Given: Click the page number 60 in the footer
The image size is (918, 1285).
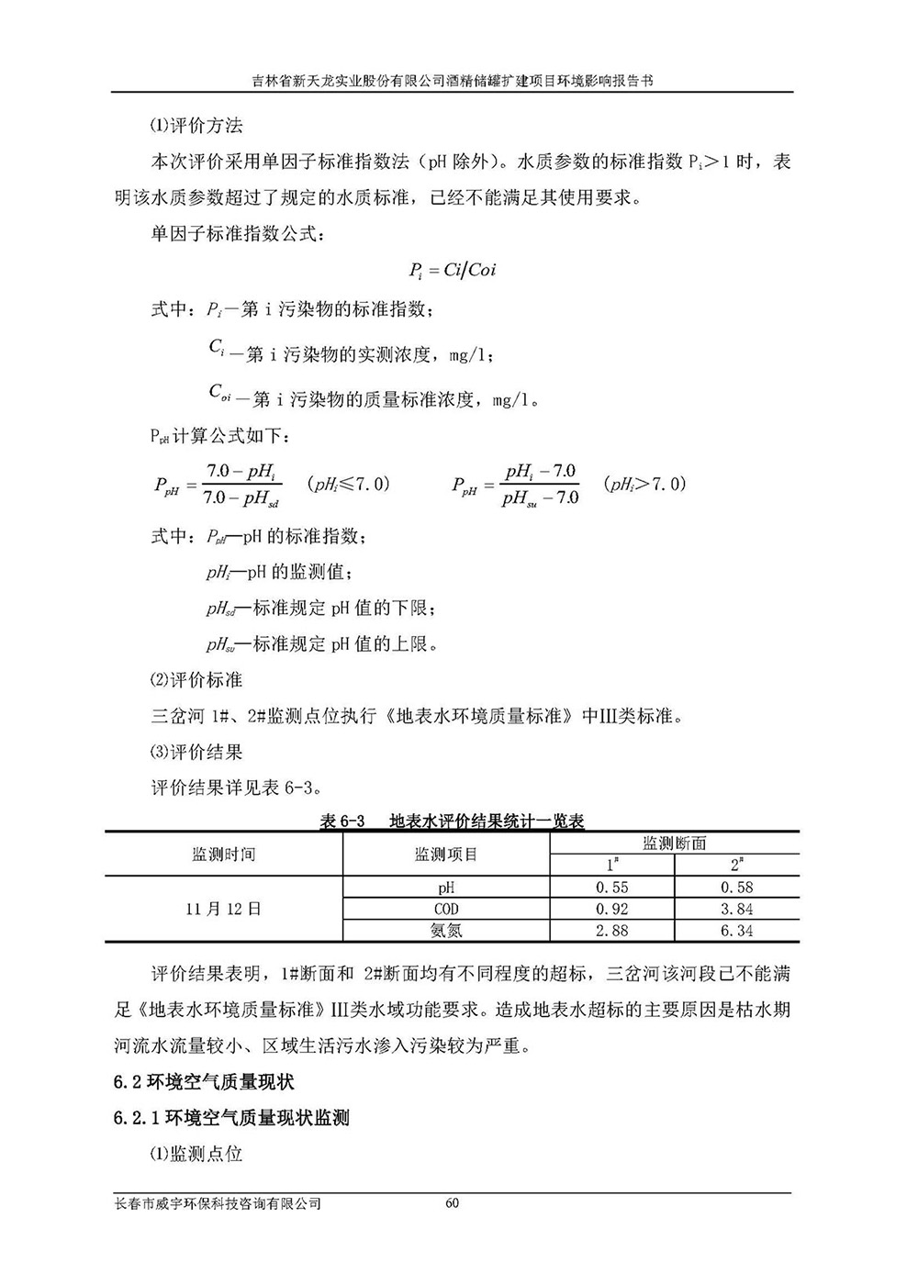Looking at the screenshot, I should [451, 1203].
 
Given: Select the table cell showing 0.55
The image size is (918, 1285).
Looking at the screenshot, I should [612, 888].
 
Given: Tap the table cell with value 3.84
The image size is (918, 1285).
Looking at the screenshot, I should [736, 909].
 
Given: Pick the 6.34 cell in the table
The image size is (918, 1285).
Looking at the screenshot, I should [736, 931].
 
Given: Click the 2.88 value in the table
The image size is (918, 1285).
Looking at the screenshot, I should [612, 931].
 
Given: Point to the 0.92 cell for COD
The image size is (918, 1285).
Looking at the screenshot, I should [612, 909].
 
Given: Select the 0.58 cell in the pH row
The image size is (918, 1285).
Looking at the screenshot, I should [736, 888].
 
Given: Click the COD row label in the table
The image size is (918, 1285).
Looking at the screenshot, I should [446, 909].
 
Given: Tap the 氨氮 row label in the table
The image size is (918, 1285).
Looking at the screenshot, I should [446, 931].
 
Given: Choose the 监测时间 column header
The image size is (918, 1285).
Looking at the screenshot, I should [224, 855].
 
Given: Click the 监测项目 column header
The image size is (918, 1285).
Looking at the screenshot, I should [446, 855].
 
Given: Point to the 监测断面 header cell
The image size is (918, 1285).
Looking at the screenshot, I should [674, 844].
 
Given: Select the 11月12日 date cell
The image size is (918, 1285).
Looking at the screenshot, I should [224, 909].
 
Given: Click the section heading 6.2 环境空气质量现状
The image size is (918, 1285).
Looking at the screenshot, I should [203, 1082].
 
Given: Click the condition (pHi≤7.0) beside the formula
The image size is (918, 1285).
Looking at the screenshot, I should [348, 484].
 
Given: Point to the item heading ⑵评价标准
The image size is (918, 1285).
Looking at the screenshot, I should [196, 680].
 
